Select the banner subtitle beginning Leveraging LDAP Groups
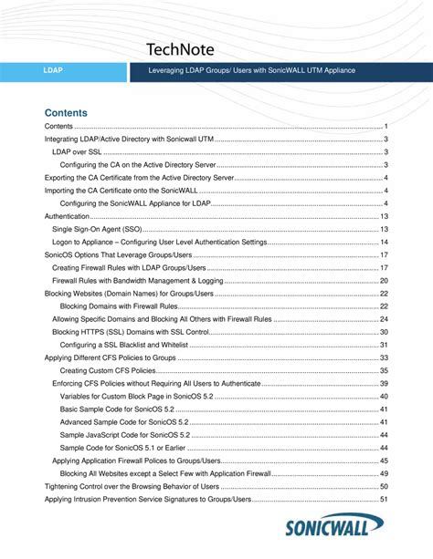pos(251,70)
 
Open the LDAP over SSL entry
pos(77,151)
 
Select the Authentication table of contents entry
pos(68,216)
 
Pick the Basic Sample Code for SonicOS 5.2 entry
pos(124,409)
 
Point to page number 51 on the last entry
pos(385,500)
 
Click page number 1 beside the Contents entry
pos(387,125)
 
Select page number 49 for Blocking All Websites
pos(385,474)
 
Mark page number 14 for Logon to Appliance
pos(385,243)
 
